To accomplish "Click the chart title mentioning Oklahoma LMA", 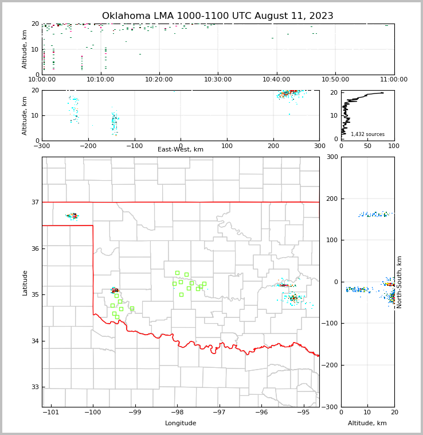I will [x=217, y=16].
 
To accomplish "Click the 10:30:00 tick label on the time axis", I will [x=218, y=80].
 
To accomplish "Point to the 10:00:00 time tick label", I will [x=42, y=80].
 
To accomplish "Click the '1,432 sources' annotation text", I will [x=367, y=134].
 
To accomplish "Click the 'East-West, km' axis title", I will [x=181, y=150].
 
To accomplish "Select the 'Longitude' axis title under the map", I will [x=181, y=424].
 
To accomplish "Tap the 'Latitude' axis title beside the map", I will [x=25, y=282].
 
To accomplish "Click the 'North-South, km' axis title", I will [x=399, y=282].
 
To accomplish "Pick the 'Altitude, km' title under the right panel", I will [x=367, y=424].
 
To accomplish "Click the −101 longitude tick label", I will [x=50, y=413].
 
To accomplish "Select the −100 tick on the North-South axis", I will [x=331, y=324].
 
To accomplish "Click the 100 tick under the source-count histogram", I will [x=394, y=146].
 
